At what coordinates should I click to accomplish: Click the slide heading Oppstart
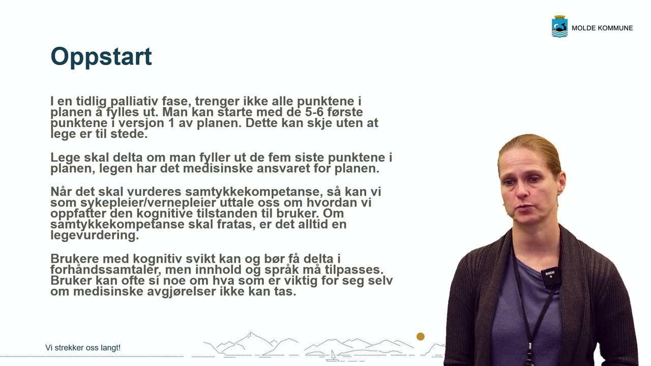101,56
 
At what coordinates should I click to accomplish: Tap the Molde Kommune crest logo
559,27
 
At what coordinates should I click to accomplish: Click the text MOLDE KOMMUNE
602,28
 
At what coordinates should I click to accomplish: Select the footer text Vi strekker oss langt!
83,348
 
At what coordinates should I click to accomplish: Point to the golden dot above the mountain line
421,337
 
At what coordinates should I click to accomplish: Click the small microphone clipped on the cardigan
549,275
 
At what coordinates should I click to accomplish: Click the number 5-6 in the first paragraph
309,112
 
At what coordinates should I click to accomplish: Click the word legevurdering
95,235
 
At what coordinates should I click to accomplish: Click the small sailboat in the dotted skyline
333,355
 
